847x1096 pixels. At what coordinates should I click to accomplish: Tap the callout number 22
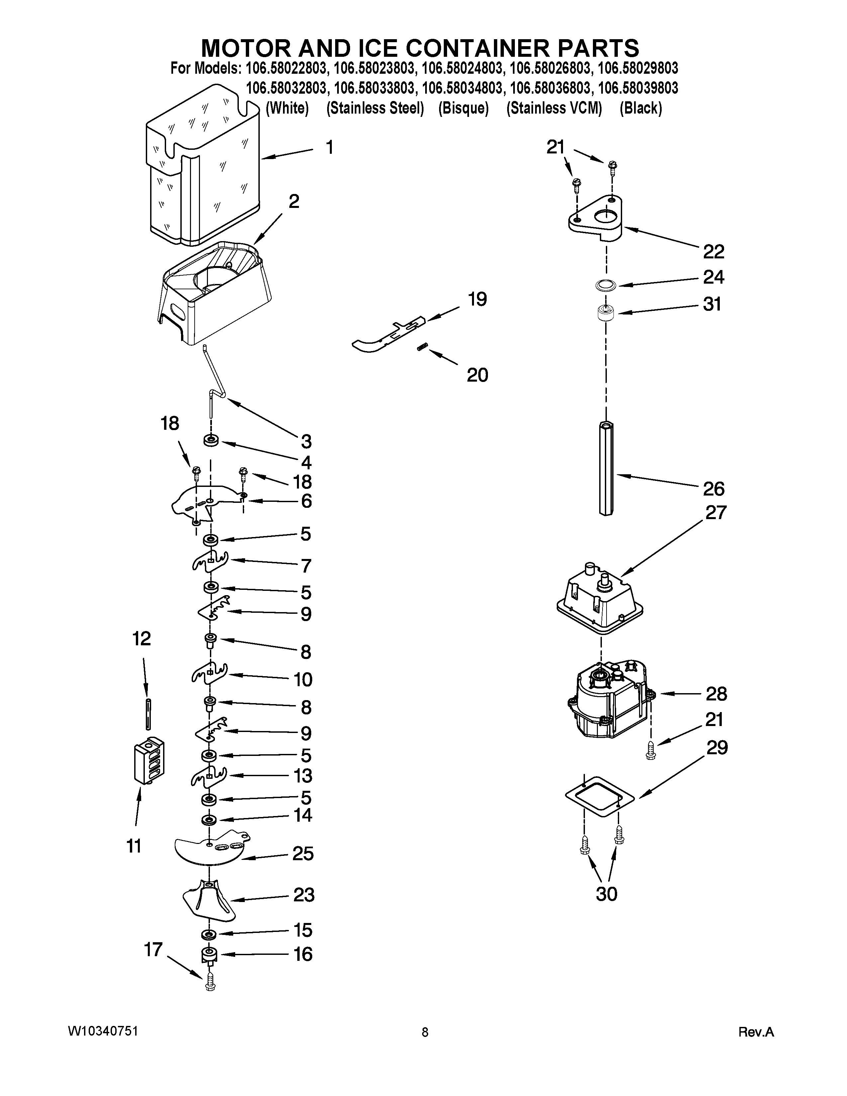pyautogui.click(x=713, y=251)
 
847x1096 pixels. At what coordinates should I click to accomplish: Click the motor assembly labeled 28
pyautogui.click(x=608, y=700)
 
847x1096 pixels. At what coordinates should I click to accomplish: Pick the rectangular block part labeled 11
pyautogui.click(x=149, y=760)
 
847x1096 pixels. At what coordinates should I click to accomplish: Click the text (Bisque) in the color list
pyautogui.click(x=463, y=108)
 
